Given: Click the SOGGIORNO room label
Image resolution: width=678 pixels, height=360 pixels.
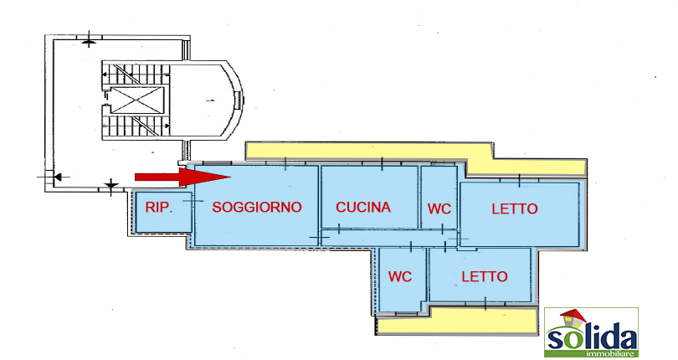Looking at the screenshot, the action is tap(257, 207).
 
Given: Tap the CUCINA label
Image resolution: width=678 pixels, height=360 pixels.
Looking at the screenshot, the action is tap(363, 208).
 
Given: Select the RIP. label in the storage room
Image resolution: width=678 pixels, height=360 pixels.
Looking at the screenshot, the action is tap(159, 208).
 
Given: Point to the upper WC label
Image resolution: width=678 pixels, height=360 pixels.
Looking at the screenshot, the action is tap(439, 209).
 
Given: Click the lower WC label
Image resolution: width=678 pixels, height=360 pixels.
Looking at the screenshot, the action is tap(400, 276).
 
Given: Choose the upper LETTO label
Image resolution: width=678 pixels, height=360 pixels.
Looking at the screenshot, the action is tap(515, 209).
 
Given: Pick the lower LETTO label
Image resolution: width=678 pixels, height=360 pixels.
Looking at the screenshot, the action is tap(485, 276).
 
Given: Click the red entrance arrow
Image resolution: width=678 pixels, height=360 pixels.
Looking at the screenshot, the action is tap(182, 177).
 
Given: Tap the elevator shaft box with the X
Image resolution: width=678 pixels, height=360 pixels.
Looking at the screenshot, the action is tap(136, 100).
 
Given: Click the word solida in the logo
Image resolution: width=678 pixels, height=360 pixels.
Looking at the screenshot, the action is tap(592, 337).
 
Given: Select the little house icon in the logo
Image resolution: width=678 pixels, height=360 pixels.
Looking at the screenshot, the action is tap(572, 320).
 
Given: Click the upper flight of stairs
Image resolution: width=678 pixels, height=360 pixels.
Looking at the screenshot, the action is tap(136, 75).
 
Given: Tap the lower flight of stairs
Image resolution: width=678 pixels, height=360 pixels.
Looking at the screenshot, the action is tap(136, 126).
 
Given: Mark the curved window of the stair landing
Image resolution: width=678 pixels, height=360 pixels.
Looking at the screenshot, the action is tap(238, 100).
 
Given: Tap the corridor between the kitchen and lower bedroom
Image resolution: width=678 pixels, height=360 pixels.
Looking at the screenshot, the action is tap(389, 238).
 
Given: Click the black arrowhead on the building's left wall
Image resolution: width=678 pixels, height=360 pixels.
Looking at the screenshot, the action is tap(58, 177).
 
